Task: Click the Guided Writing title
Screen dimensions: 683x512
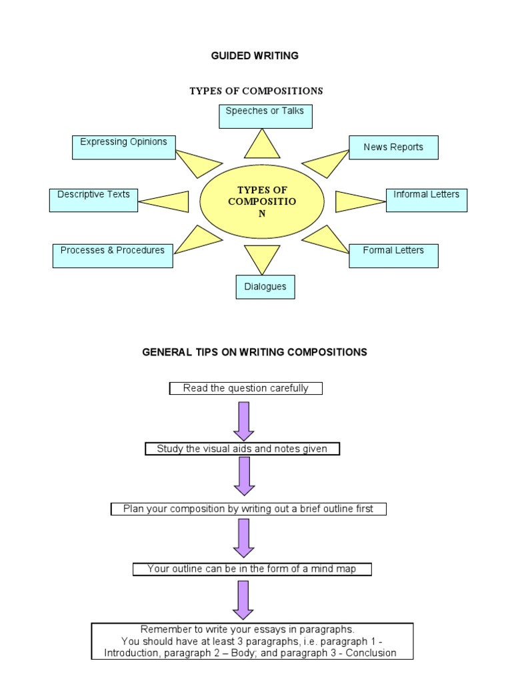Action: (255, 56)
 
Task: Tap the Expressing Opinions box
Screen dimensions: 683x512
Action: (123, 147)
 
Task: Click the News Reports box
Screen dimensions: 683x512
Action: (393, 147)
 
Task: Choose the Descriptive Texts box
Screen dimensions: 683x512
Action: (93, 199)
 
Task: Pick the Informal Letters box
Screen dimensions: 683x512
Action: (427, 199)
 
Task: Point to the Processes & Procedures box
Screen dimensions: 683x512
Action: (113, 255)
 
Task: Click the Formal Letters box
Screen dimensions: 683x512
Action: (393, 255)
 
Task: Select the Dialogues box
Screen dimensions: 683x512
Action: (265, 287)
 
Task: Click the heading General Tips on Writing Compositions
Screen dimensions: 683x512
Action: (255, 352)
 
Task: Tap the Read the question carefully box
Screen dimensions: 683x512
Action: (245, 388)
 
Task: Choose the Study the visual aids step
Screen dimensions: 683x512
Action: (242, 449)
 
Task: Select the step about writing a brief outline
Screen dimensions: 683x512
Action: (248, 509)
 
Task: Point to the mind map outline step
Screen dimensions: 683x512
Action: (251, 569)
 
